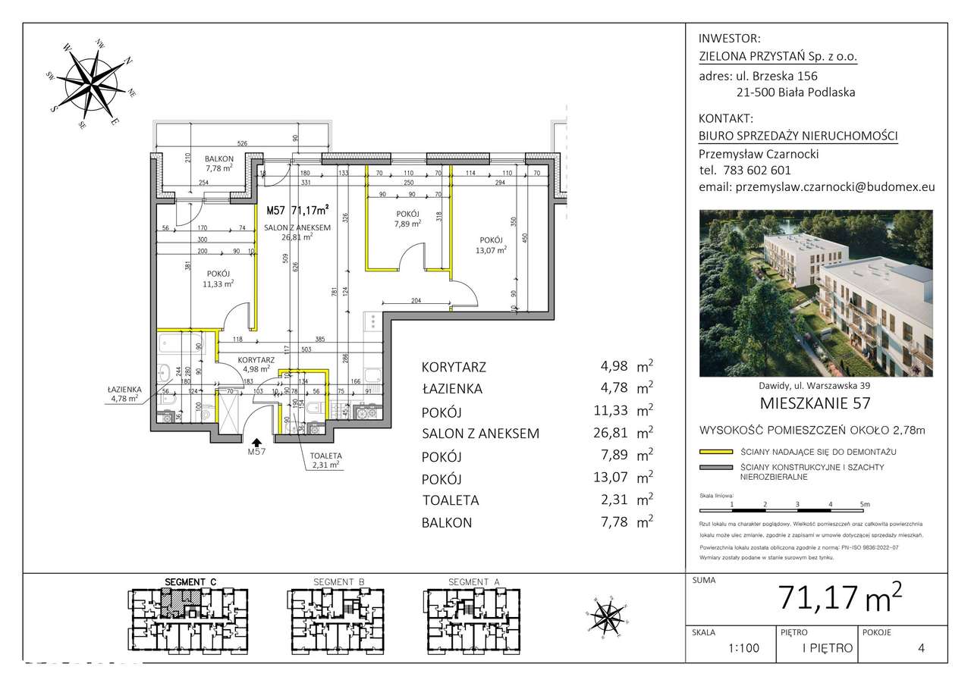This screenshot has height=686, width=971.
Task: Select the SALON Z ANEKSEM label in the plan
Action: coord(297,228)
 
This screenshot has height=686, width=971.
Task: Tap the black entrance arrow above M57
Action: coord(257,443)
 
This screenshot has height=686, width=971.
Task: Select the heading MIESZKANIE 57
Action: coord(815,403)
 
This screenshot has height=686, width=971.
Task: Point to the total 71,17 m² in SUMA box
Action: coord(840,599)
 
